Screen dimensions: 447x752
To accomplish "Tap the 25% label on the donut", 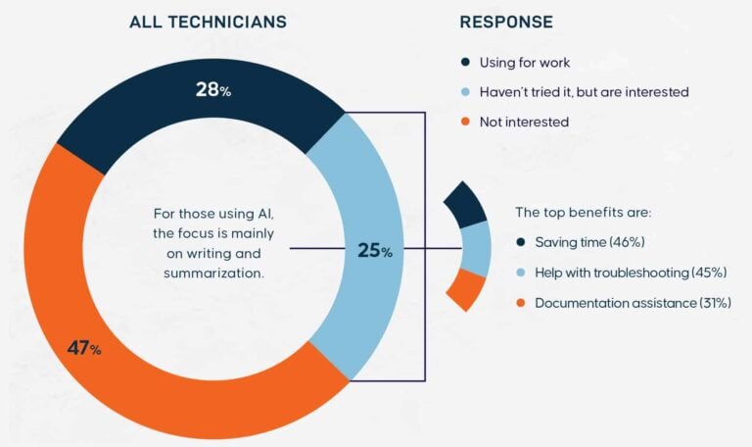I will [374, 251].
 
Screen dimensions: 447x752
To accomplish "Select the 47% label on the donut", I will [83, 348].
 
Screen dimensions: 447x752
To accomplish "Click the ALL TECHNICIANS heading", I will [209, 22].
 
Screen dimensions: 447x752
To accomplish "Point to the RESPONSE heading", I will [506, 22].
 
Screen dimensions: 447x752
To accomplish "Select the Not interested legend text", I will [524, 122].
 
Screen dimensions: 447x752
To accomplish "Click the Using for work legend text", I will [524, 63].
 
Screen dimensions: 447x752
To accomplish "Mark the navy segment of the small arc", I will [467, 204].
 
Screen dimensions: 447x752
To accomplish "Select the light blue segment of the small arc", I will [478, 248].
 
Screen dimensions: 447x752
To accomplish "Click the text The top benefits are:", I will [583, 212].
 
